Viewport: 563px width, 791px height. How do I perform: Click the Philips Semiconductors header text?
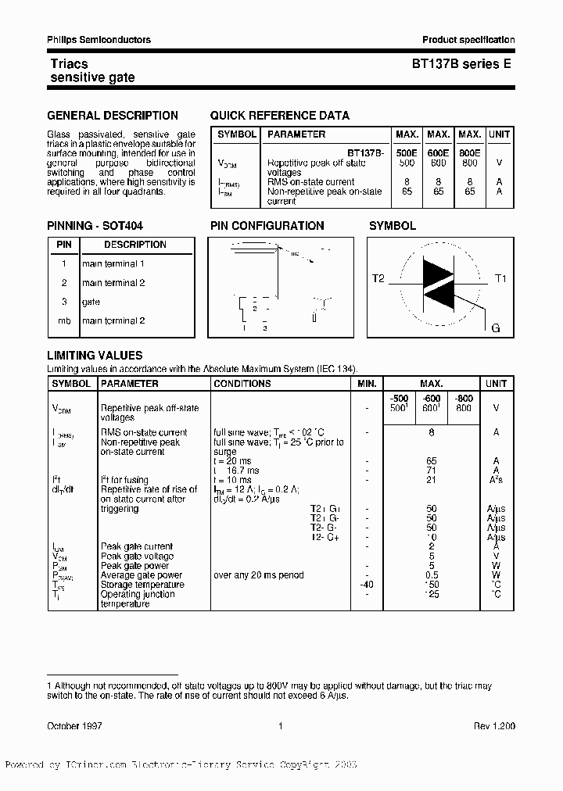[99, 40]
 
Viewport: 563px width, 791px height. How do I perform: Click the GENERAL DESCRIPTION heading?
[113, 116]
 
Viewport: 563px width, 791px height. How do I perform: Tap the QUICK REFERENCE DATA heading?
[280, 116]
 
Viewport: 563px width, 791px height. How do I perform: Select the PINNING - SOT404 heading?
[95, 226]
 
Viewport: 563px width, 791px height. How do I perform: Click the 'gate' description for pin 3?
[91, 302]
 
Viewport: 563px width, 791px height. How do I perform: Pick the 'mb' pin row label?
[64, 320]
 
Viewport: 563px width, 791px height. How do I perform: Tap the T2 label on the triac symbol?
[378, 278]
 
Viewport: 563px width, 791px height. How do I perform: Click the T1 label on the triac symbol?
[501, 278]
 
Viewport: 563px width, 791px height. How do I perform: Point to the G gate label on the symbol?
[495, 327]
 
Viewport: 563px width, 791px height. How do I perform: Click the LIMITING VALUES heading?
[95, 356]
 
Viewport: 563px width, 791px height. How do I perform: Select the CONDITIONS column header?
[242, 384]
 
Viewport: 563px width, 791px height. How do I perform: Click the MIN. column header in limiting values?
[367, 384]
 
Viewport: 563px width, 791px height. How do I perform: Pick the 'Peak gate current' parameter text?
[137, 546]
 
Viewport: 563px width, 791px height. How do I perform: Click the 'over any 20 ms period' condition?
[258, 575]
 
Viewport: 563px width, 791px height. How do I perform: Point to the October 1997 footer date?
[74, 726]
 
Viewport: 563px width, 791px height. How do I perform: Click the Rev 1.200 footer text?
[494, 726]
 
